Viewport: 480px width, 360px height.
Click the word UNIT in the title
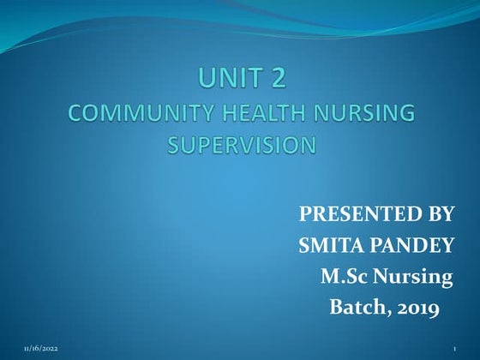point(227,79)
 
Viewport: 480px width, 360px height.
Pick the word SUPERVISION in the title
point(241,146)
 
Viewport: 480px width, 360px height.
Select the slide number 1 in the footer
point(453,351)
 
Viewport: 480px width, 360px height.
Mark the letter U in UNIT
point(206,79)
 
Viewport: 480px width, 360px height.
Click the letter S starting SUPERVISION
point(173,146)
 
